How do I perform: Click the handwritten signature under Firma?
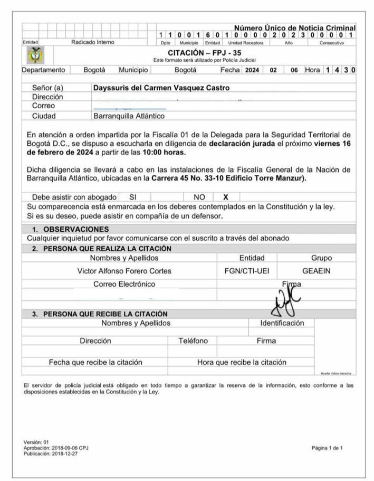[x=285, y=302]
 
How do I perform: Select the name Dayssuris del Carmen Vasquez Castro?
[x=161, y=88]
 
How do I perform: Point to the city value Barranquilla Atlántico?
[x=129, y=116]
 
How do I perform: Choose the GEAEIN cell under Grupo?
[x=317, y=271]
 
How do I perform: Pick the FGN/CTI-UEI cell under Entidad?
[x=247, y=271]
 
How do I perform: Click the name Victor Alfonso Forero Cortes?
[x=124, y=271]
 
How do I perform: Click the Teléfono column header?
[x=193, y=341]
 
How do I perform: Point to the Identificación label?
[x=282, y=323]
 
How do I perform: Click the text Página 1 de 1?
[x=327, y=448]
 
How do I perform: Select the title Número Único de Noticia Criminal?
[x=294, y=27]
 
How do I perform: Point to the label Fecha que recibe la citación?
[x=95, y=362]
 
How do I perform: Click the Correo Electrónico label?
[x=124, y=284]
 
